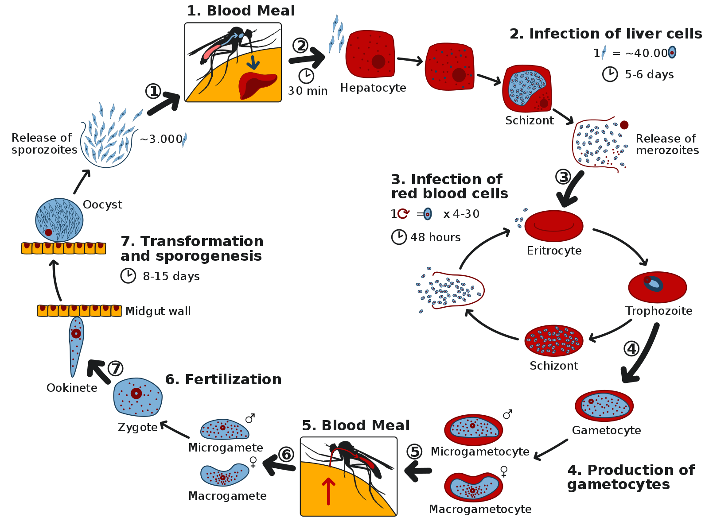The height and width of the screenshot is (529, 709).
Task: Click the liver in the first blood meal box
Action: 257,85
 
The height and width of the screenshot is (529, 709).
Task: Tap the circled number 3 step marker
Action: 563,177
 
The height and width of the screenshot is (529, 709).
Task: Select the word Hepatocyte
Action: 373,88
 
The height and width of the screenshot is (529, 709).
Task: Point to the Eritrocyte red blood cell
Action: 554,226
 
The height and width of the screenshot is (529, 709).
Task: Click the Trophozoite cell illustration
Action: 657,287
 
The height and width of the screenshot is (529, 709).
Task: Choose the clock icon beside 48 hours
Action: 399,237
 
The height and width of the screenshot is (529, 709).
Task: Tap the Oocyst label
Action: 102,205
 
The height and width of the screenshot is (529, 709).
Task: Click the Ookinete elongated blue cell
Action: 76,345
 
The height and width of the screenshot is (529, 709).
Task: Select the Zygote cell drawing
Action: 137,397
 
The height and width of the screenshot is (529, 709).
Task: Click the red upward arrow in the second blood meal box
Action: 328,491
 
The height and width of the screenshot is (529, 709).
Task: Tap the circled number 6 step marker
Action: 286,454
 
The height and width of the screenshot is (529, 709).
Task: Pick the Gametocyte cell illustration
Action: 604,405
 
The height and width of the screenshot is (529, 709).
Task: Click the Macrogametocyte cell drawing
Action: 473,487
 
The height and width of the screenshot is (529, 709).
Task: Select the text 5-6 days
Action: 649,74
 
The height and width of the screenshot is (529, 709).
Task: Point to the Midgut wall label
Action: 158,311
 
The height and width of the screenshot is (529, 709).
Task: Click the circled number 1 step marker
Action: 153,92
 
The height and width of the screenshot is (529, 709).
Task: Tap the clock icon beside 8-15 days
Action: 128,276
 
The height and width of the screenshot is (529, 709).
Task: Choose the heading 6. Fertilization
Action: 223,379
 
